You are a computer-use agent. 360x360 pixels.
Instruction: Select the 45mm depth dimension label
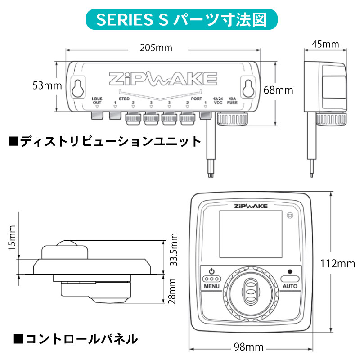coord(325,44)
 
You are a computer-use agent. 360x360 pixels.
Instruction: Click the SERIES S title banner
coord(180,20)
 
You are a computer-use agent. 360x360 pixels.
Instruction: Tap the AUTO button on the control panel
coord(290,279)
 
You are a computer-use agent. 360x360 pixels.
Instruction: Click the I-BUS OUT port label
coord(97,100)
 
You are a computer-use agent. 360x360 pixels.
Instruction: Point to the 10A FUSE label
coord(233,100)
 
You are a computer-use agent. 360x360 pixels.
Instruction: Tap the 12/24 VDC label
coord(218,100)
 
